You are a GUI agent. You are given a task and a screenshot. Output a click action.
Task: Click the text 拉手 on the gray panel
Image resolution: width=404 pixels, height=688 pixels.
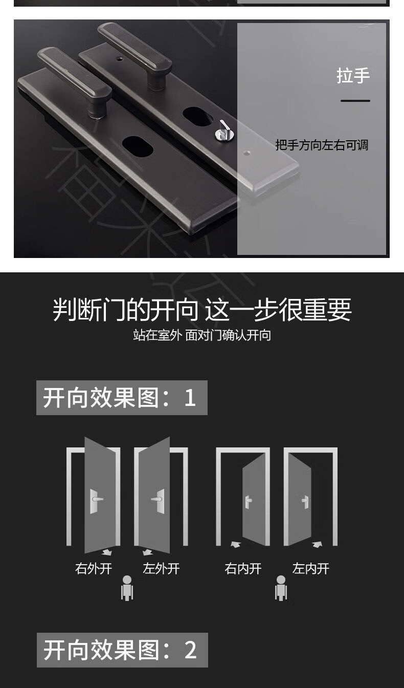point(353,76)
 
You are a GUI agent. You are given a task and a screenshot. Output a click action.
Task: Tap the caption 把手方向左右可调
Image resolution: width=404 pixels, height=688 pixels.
point(322,145)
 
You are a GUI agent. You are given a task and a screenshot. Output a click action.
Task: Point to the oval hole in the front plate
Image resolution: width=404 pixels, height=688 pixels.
point(138,146)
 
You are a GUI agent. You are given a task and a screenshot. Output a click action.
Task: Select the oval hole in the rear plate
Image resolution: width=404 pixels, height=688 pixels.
point(197,116)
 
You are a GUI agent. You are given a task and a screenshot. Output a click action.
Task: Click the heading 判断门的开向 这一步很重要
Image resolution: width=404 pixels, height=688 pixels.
point(202,309)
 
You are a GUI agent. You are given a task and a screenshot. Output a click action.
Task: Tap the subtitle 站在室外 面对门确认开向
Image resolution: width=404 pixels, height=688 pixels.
point(202,335)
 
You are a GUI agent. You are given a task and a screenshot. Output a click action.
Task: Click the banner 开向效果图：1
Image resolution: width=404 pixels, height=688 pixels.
point(122,398)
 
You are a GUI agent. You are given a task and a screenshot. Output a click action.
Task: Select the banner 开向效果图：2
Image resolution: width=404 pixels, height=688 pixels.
point(122,650)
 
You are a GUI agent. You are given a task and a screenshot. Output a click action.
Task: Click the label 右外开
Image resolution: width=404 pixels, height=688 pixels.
point(94,568)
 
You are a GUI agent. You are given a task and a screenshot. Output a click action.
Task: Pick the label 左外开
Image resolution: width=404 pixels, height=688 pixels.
point(161,568)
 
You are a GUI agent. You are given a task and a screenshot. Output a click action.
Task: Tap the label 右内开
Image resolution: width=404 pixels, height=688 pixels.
point(243,568)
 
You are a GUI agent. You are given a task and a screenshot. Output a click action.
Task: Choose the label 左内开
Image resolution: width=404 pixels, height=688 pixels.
point(311,568)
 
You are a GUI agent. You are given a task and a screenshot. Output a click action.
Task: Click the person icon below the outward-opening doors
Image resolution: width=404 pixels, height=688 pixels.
point(127,588)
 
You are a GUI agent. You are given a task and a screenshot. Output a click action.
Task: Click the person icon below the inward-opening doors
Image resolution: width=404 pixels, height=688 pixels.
point(281,588)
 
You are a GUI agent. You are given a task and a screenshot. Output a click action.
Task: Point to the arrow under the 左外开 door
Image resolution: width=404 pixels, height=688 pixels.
point(148,552)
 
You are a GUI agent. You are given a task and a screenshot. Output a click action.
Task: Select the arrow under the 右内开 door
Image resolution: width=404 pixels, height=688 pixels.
point(236,545)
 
